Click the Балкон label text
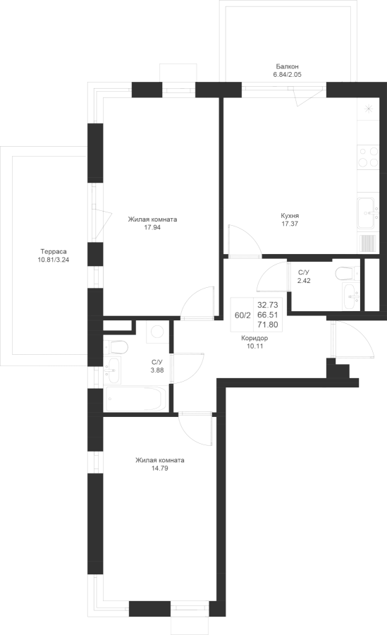tap(288, 66)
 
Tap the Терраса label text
tap(54, 251)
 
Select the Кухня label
tap(290, 216)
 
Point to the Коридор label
tap(254, 338)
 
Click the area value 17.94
tap(152, 228)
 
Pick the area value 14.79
tap(159, 468)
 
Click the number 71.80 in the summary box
tap(268, 325)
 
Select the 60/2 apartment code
tap(243, 315)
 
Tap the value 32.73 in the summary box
tap(268, 306)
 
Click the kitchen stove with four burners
tap(369, 157)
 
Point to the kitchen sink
tap(368, 213)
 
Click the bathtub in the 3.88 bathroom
tap(135, 399)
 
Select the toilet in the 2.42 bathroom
tap(347, 273)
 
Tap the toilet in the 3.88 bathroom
tap(116, 347)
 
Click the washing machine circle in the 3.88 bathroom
tap(158, 332)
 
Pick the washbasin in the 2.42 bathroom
tap(350, 296)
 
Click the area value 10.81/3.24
tap(54, 260)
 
